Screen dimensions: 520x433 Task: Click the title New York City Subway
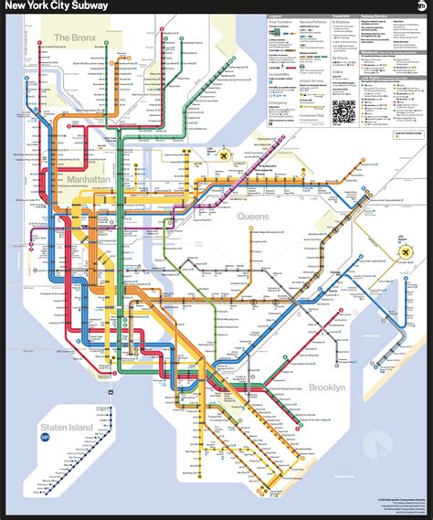(x=57, y=6)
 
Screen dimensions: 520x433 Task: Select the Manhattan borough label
(x=88, y=181)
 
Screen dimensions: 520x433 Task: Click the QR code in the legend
(x=343, y=111)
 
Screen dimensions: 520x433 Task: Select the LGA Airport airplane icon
(x=222, y=154)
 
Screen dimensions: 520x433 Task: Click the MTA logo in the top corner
(x=419, y=7)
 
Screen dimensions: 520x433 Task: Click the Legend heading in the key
(x=275, y=16)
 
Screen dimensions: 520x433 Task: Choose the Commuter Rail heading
(x=313, y=115)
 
